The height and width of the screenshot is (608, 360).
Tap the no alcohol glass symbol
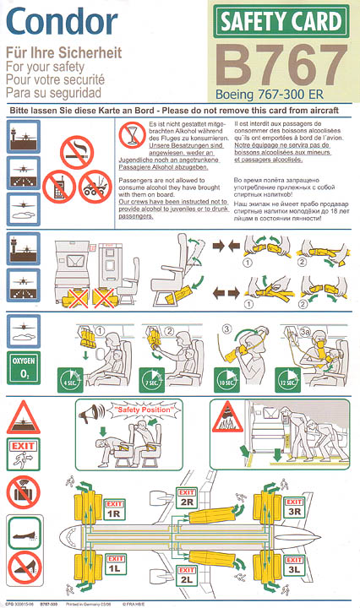pyautogui.click(x=129, y=134)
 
